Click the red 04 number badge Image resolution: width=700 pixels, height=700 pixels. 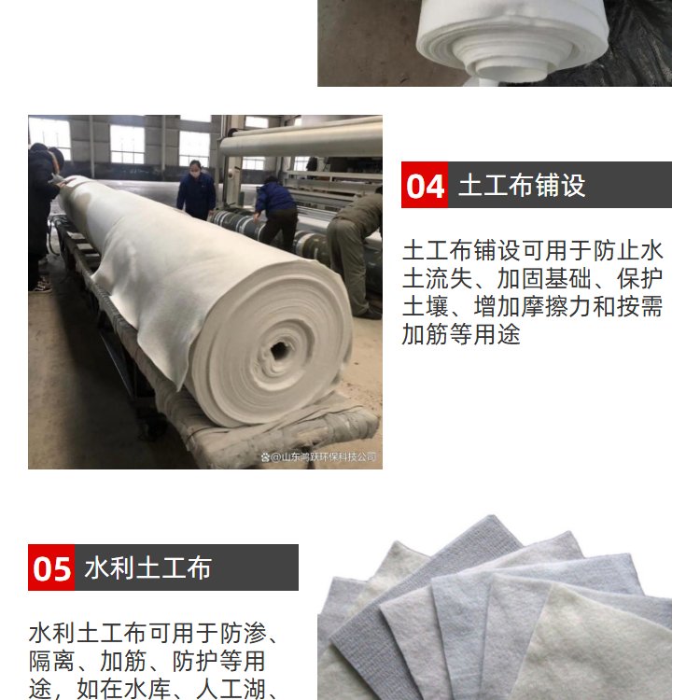tap(424, 185)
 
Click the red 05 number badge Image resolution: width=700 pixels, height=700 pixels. tap(51, 567)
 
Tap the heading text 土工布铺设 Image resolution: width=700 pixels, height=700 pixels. tap(522, 186)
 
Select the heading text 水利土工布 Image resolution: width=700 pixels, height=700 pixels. tap(147, 567)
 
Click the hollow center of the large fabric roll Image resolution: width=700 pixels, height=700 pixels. tap(279, 350)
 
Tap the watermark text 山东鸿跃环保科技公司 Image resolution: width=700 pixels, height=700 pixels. tap(323, 456)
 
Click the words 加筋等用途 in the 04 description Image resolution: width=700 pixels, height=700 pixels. tap(461, 334)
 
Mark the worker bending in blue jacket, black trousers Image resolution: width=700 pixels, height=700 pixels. tap(276, 214)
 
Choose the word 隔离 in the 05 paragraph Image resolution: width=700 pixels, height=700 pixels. tap(51, 661)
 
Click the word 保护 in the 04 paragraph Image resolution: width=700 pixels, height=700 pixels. tap(639, 278)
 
